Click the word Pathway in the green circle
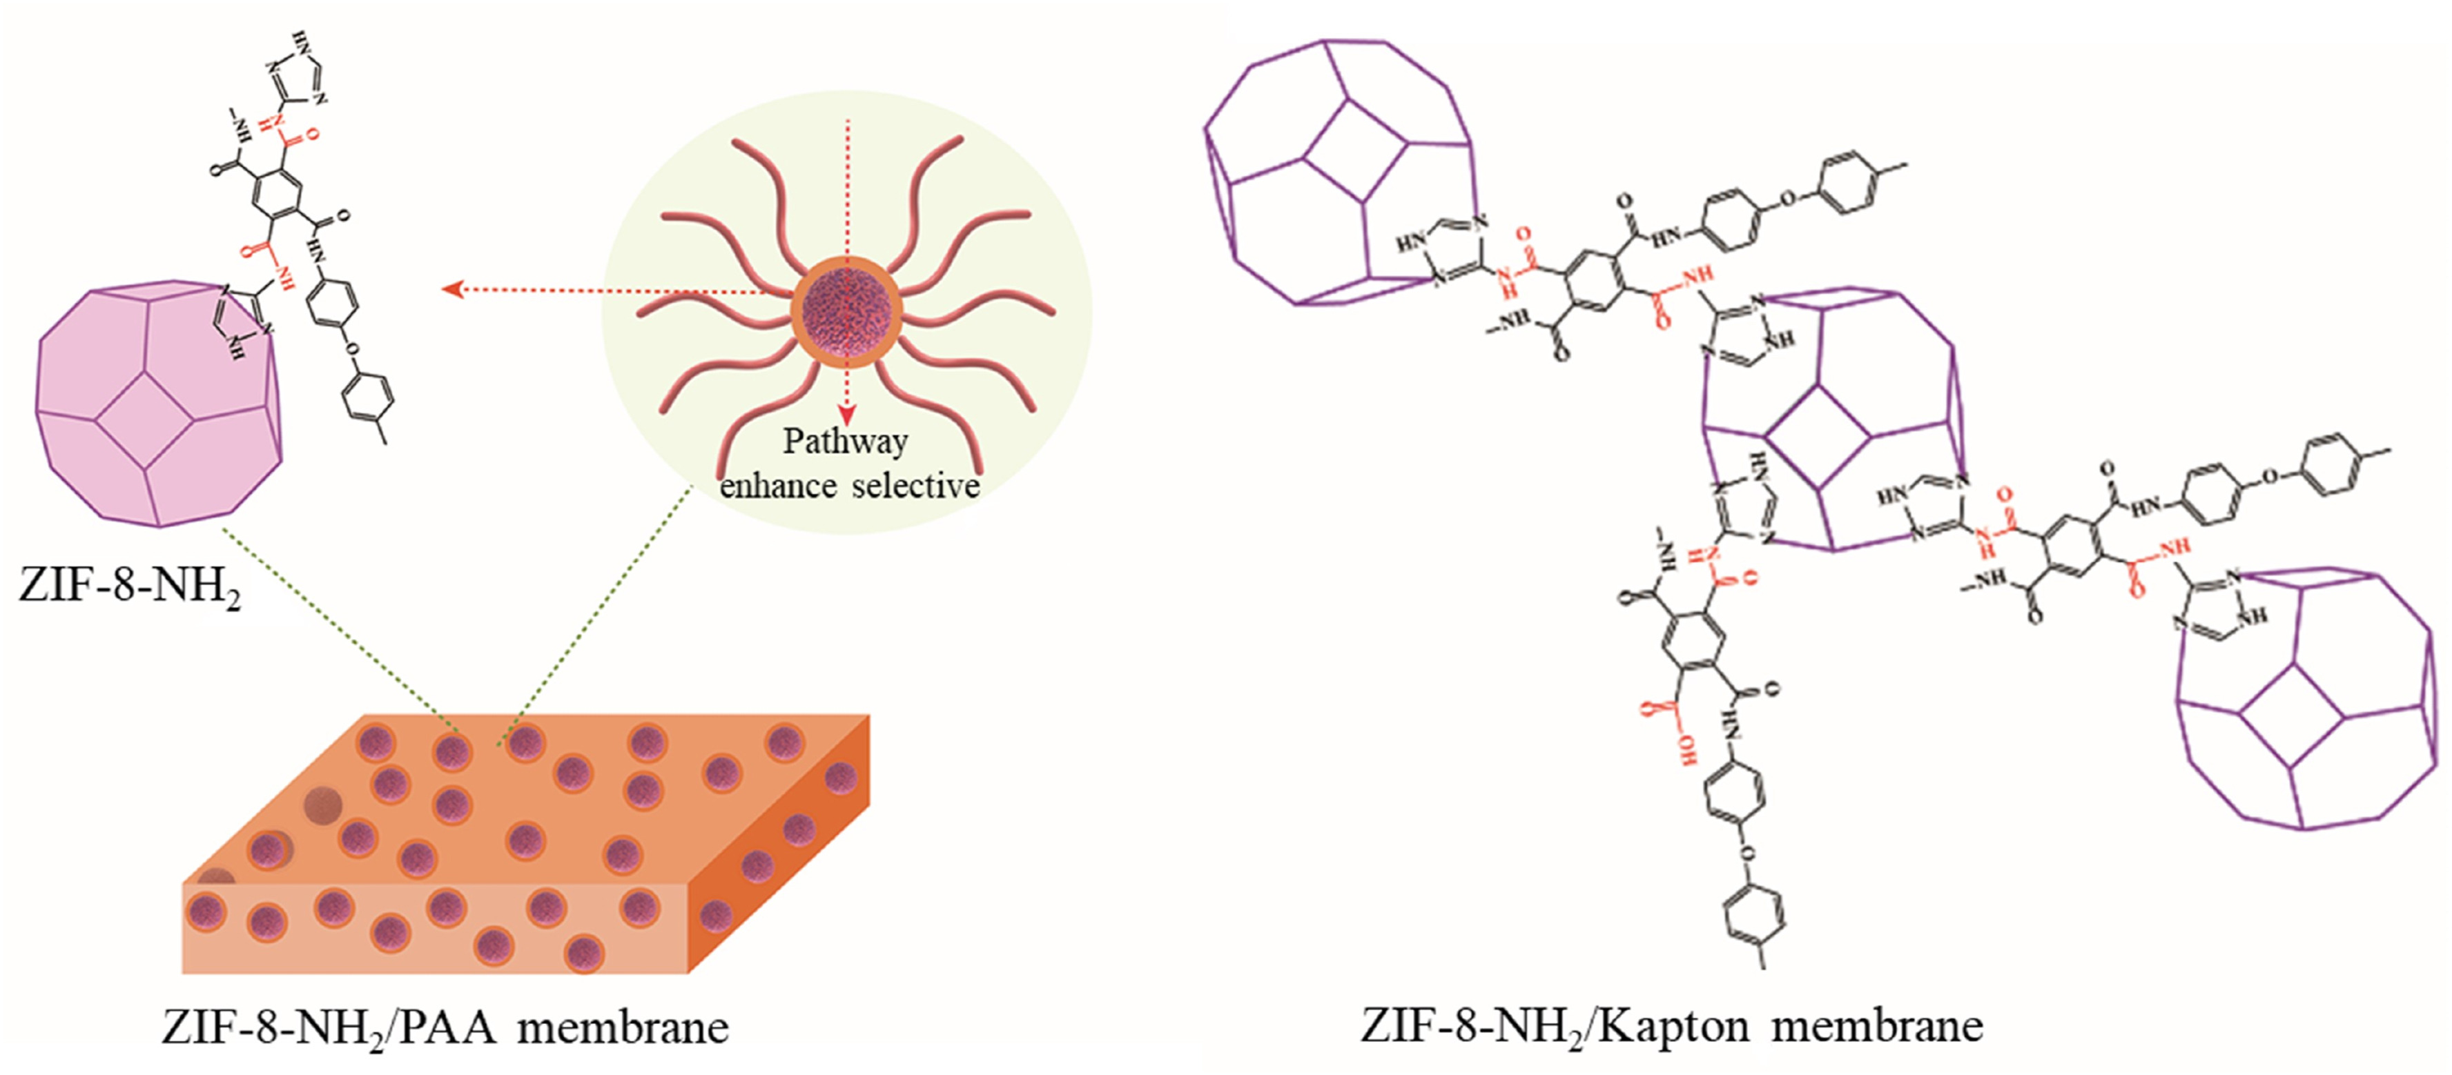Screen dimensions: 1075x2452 click(x=845, y=442)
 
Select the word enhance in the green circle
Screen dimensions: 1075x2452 click(x=778, y=486)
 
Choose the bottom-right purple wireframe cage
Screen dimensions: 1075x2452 click(x=2313, y=704)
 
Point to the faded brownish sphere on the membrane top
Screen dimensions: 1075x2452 click(x=322, y=805)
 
